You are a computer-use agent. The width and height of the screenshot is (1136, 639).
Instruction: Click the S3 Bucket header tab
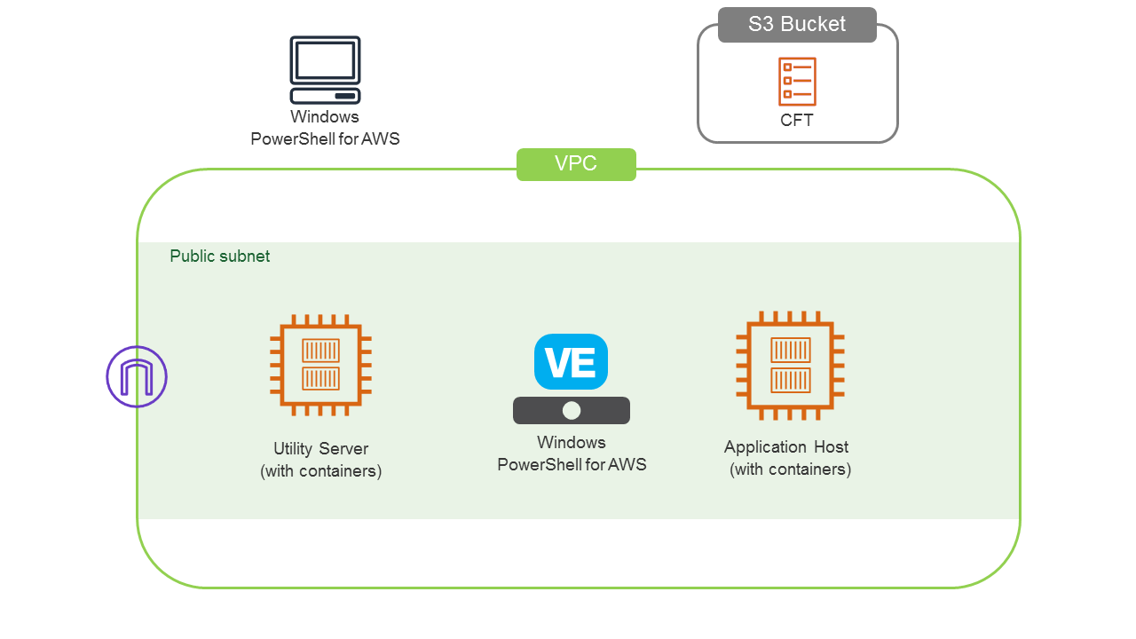tap(797, 25)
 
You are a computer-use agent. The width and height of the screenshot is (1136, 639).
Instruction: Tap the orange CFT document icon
tap(797, 82)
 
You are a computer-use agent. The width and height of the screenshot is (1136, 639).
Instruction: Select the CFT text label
tap(797, 121)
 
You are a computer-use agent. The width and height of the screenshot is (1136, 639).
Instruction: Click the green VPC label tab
tap(576, 164)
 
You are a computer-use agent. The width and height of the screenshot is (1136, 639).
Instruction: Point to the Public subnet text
tap(220, 256)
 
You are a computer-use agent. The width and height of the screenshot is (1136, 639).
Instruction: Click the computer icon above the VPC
tap(325, 70)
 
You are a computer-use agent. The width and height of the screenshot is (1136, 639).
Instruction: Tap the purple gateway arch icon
tap(137, 376)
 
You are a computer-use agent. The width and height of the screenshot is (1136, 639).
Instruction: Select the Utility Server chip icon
tap(320, 365)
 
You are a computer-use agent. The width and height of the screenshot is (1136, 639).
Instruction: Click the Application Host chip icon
tap(790, 364)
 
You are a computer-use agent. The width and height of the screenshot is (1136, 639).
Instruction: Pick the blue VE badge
tap(571, 362)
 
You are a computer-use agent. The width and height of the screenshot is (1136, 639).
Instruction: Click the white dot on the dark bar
tap(572, 410)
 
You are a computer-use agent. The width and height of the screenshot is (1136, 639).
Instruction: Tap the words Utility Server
tap(320, 449)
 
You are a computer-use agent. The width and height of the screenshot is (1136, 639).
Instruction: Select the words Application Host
tap(786, 447)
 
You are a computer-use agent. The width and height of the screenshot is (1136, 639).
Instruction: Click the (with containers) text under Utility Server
tap(320, 471)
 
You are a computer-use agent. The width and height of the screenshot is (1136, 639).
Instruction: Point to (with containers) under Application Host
tap(790, 469)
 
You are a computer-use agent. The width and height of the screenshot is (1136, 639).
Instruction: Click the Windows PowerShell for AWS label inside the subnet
tap(572, 454)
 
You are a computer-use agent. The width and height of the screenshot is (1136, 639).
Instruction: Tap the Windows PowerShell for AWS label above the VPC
tap(325, 128)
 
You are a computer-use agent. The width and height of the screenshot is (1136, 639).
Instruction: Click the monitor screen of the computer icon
tap(325, 59)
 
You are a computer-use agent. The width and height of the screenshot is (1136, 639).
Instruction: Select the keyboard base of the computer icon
tap(325, 96)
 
